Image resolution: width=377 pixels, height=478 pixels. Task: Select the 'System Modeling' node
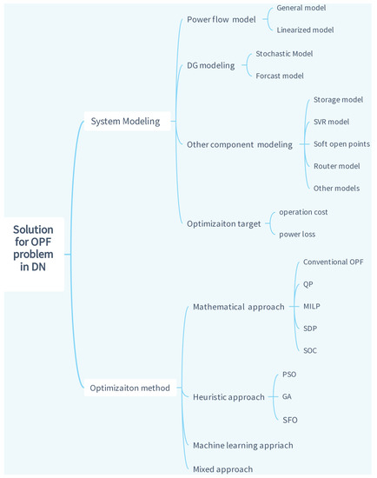tap(125, 121)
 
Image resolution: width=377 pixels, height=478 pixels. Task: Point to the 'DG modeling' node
tap(211, 64)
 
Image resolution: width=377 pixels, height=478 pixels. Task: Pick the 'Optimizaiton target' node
tap(224, 222)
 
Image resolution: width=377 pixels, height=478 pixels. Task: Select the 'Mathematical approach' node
tap(238, 307)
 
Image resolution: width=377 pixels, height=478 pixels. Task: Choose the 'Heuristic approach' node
tap(228, 396)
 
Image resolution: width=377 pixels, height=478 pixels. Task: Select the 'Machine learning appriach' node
tap(242, 444)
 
